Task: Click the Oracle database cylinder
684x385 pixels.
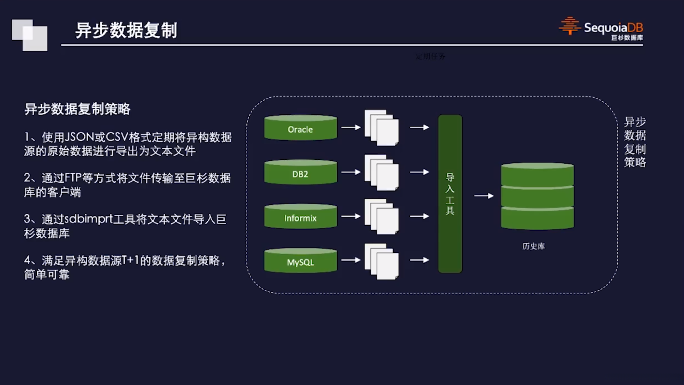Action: [x=300, y=128]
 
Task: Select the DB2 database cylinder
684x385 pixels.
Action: [x=300, y=173]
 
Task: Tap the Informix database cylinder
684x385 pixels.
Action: [x=300, y=217]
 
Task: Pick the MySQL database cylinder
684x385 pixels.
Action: [x=300, y=261]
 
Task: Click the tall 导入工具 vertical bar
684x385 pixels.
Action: [x=450, y=194]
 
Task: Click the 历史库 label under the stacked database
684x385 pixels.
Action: [x=533, y=246]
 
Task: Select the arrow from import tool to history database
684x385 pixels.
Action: [x=484, y=196]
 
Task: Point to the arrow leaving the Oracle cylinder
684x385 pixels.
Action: [x=351, y=127]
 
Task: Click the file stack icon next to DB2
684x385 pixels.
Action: [x=381, y=173]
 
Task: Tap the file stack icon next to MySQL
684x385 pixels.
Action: [x=381, y=261]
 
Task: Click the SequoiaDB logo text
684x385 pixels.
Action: [x=613, y=28]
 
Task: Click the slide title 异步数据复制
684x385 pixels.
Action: [x=126, y=30]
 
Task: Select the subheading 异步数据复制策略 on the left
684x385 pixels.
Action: [x=77, y=109]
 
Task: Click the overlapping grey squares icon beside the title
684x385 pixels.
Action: [x=30, y=35]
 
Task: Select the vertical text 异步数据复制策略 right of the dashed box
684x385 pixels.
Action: [x=634, y=142]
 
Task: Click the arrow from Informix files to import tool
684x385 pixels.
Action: [x=419, y=216]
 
